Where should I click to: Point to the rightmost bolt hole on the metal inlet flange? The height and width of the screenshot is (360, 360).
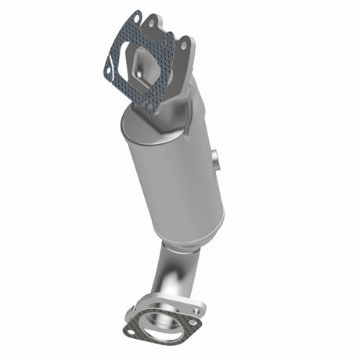click(185, 46)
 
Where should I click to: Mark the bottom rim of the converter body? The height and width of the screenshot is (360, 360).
click(196, 235)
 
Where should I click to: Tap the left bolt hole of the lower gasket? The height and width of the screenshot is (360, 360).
click(131, 332)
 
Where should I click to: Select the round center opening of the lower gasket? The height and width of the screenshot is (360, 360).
click(165, 329)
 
